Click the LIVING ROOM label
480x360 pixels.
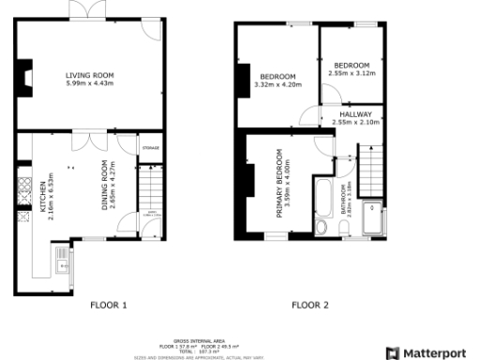click(89, 76)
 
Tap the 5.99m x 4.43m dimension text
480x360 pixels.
click(89, 83)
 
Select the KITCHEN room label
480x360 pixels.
click(41, 198)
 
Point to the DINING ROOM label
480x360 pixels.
click(105, 186)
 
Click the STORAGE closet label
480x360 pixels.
click(150, 148)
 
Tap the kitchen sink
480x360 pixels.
click(62, 260)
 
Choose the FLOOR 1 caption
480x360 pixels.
click(108, 305)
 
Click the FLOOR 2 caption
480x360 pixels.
click(310, 305)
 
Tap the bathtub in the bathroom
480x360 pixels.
click(324, 198)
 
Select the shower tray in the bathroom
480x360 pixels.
click(373, 217)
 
